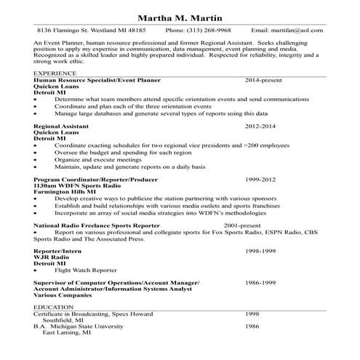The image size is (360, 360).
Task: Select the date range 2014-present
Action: (267, 80)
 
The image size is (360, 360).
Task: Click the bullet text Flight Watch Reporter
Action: (86, 270)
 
